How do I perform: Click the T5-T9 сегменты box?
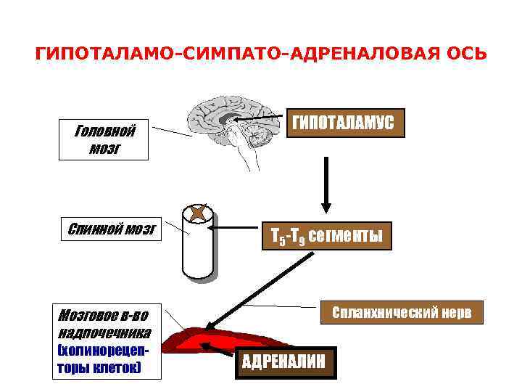point(327,236)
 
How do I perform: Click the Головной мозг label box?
point(103,140)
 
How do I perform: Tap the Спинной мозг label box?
point(112,230)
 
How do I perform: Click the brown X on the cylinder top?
point(197,213)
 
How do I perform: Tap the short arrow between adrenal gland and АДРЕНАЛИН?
point(220,350)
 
